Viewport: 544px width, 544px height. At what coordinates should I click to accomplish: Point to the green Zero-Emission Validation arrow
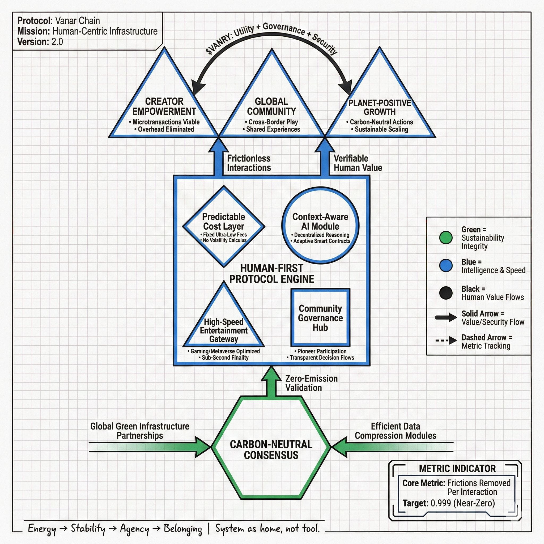tap(271, 382)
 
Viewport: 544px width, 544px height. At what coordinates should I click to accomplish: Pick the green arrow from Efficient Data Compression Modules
tap(392, 447)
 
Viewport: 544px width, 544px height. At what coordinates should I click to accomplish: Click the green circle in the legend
tap(446, 238)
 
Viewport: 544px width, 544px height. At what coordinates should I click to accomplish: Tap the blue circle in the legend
tap(446, 266)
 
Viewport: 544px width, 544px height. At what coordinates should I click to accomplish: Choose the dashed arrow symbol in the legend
tap(446, 341)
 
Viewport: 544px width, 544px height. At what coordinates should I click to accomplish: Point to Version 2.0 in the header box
tap(40, 42)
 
